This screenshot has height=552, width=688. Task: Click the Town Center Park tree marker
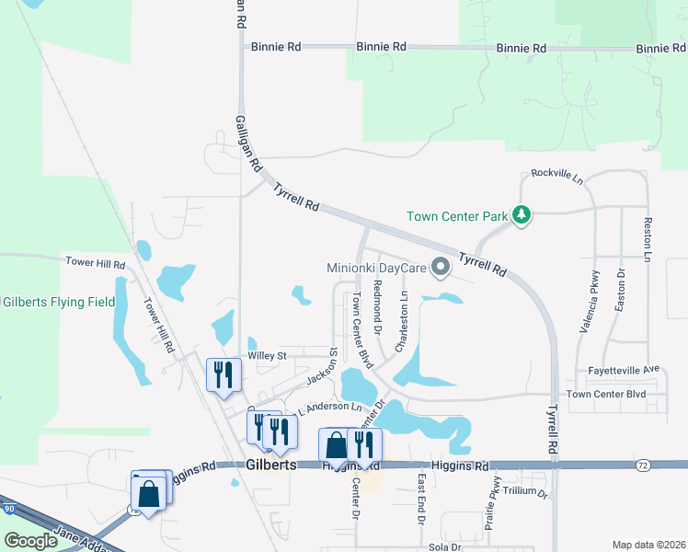point(522,215)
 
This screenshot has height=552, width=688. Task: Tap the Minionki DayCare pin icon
point(440,269)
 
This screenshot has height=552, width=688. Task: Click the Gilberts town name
point(271,466)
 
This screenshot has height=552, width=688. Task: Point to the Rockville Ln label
point(557,175)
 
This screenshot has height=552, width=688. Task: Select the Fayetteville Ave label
point(625,370)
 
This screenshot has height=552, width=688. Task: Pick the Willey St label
point(268,355)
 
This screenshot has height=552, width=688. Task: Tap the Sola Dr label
point(443,546)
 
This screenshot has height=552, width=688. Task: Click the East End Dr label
point(420,500)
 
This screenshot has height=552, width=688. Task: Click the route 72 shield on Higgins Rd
point(643,466)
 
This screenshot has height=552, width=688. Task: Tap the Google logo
point(31,541)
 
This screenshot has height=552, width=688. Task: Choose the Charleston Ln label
point(401,320)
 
